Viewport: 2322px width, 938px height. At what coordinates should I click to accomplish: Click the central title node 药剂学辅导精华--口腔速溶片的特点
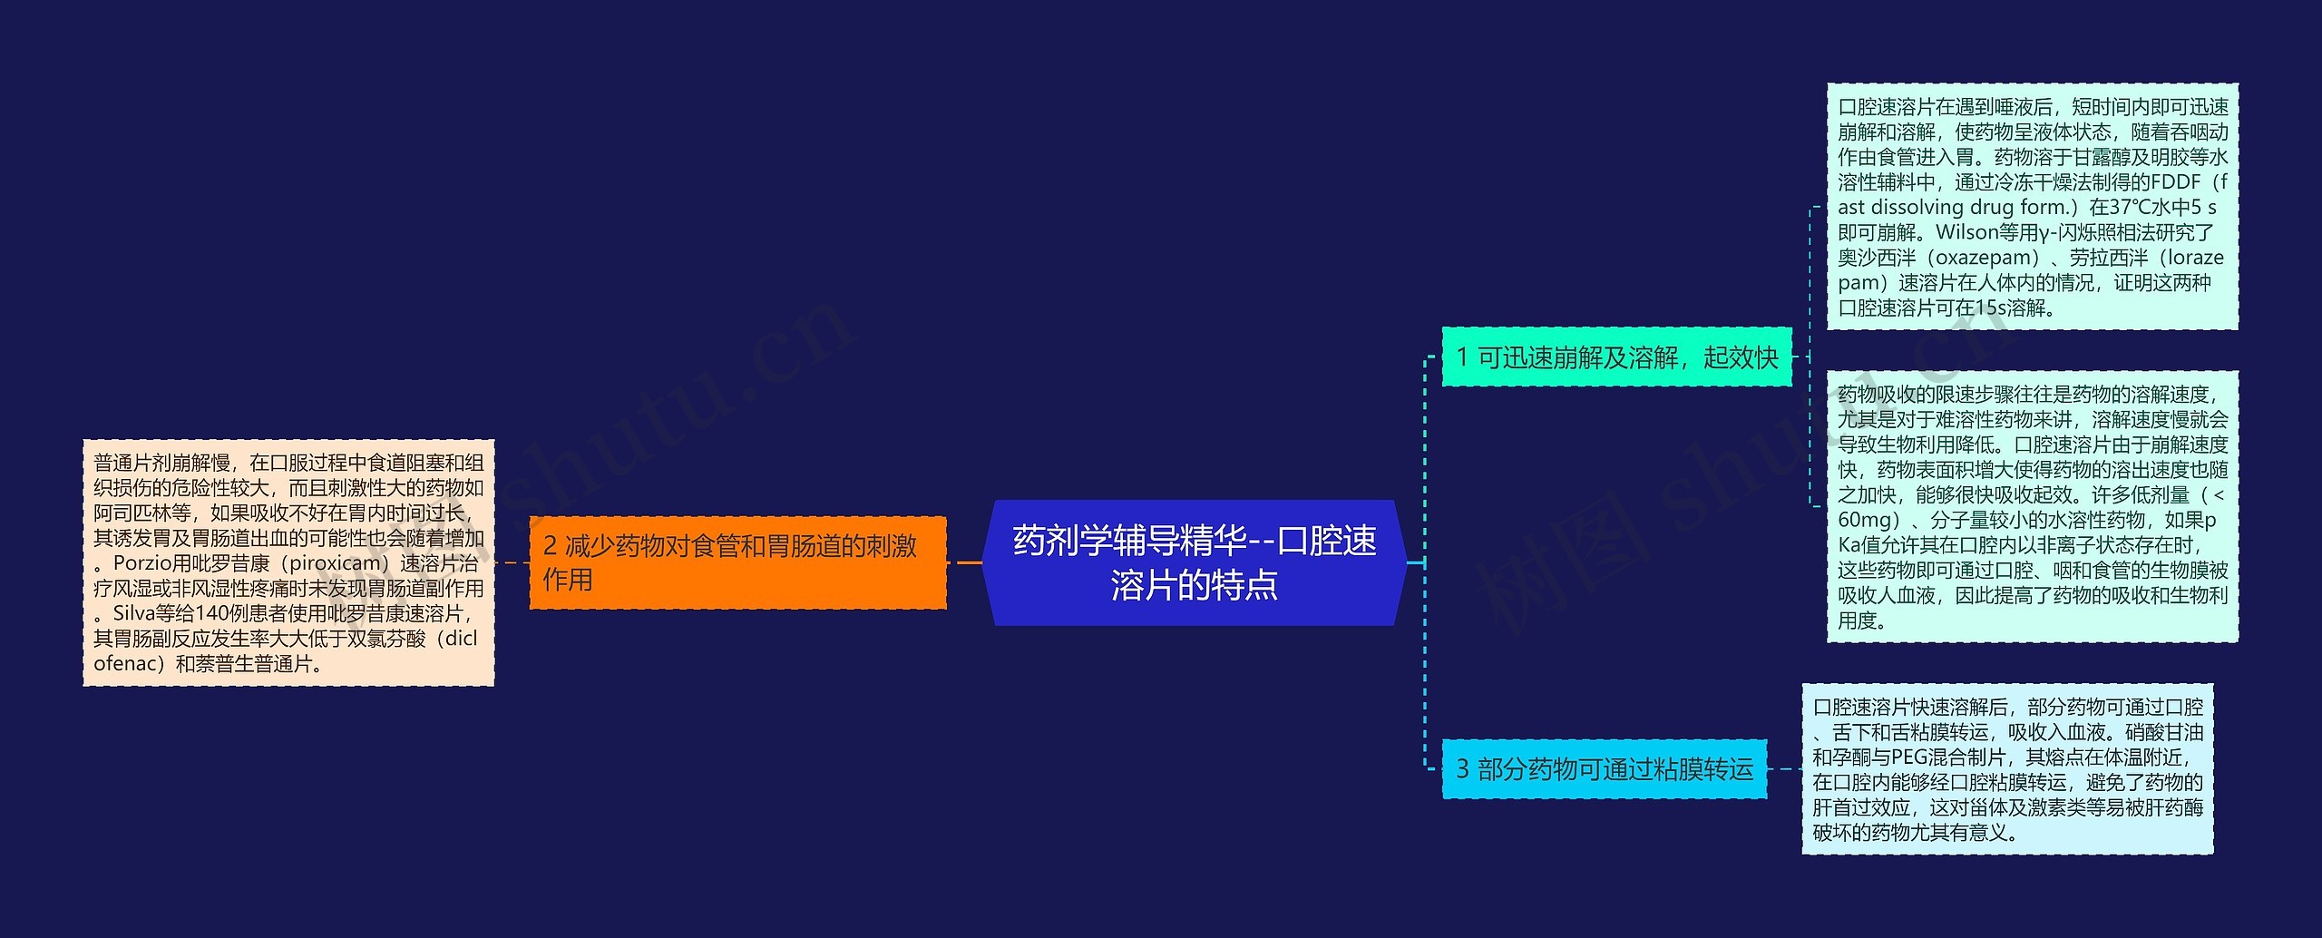1194,562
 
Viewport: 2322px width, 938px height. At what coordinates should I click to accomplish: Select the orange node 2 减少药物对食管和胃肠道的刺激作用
737,562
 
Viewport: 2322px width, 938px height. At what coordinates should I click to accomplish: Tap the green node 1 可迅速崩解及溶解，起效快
1616,357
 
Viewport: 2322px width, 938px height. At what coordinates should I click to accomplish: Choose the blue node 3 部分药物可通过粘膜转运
1604,769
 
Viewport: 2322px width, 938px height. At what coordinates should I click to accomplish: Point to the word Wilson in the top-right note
1966,232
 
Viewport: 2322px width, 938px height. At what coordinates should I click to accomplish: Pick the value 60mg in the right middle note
1865,521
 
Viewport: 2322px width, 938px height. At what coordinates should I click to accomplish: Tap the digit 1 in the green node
1462,357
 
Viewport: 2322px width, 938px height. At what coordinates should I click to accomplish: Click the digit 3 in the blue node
1462,769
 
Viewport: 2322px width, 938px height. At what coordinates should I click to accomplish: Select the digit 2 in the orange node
550,546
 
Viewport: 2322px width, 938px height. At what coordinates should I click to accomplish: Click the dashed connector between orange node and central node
964,562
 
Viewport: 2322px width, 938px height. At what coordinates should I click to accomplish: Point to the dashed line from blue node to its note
1784,769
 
